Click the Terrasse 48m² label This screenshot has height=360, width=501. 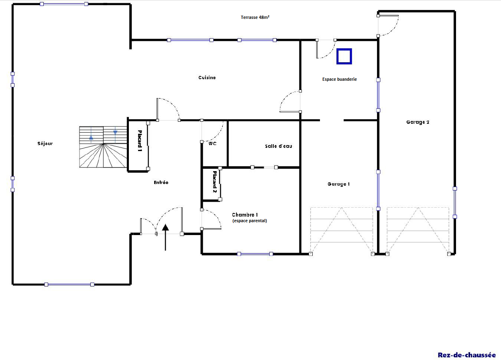tap(255, 17)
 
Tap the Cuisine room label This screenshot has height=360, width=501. tap(207, 78)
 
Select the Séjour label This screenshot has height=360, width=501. tap(45, 143)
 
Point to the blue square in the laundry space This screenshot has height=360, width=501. tap(344, 56)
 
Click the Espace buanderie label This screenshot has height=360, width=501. tap(340, 79)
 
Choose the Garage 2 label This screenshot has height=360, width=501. tap(418, 122)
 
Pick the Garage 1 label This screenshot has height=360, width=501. tap(339, 184)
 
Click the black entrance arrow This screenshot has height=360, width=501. tap(165, 237)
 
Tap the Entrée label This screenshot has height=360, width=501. tap(161, 182)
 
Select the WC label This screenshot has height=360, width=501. tap(212, 143)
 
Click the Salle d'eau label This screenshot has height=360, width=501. tap(279, 146)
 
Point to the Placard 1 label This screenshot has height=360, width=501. tap(140, 141)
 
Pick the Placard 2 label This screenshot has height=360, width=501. tap(215, 182)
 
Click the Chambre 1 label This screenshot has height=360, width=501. tap(245, 215)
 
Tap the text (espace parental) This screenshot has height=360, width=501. tap(250, 221)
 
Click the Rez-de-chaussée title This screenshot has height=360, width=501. tap(467, 355)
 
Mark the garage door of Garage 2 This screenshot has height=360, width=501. tap(418, 231)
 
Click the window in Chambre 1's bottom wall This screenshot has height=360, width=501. tap(255, 254)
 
